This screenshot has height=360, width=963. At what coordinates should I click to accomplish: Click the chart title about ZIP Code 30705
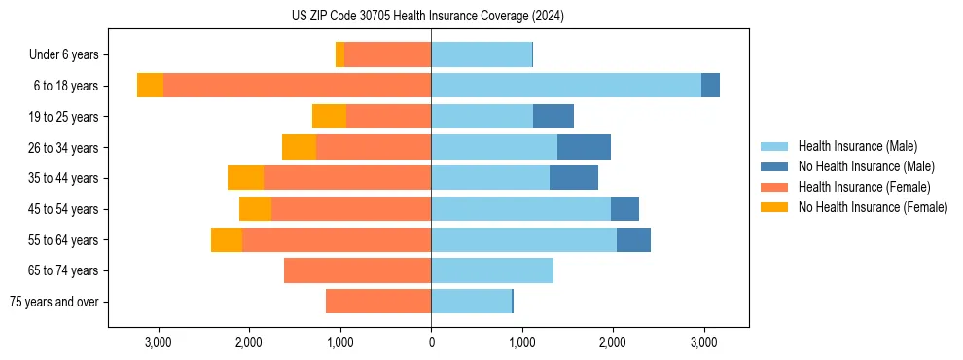[x=428, y=16]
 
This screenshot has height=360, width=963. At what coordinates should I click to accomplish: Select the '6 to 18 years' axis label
[x=65, y=86]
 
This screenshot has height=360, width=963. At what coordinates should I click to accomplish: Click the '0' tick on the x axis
[x=431, y=342]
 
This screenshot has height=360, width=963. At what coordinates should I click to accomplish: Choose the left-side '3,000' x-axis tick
[x=158, y=342]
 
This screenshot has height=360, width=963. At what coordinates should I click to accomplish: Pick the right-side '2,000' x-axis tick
[x=613, y=342]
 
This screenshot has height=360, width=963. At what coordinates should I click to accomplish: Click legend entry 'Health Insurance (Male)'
[x=857, y=147]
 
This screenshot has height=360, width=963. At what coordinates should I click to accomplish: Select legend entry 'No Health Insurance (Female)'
[x=873, y=207]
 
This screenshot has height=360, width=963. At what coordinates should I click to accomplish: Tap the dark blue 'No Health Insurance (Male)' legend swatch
[x=774, y=167]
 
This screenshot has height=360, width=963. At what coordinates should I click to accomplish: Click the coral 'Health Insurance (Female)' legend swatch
[x=774, y=187]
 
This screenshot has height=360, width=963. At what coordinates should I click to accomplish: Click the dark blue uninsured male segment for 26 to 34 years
[x=584, y=147]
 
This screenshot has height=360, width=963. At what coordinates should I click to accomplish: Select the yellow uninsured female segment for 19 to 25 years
[x=329, y=117]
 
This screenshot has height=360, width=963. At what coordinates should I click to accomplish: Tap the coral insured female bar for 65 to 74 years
[x=357, y=270]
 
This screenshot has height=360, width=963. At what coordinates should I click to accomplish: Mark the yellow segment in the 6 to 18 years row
[x=150, y=86]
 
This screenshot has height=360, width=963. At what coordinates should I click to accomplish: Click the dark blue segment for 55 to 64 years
[x=633, y=239]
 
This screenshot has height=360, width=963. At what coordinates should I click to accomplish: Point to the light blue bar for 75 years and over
[x=471, y=302]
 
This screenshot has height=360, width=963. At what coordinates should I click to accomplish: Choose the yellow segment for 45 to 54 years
[x=255, y=209]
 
